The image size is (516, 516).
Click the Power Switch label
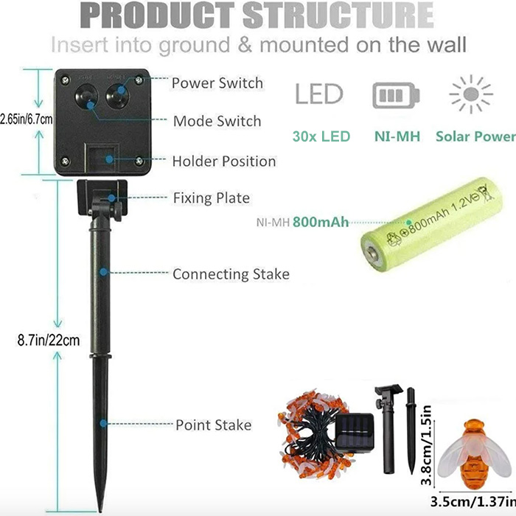click(x=217, y=83)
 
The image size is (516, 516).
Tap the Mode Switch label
click(x=217, y=121)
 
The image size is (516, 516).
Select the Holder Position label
click(x=224, y=161)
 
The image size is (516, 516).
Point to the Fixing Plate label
click(x=211, y=198)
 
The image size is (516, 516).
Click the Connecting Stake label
click(x=231, y=274)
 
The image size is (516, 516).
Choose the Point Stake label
click(x=213, y=425)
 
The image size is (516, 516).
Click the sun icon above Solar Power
click(x=471, y=95)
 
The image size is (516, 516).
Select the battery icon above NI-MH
click(x=396, y=96)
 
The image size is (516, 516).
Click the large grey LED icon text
click(x=319, y=94)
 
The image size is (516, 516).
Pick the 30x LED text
click(x=321, y=136)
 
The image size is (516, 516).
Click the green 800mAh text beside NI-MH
click(x=321, y=221)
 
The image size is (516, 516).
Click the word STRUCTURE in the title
click(x=338, y=15)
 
